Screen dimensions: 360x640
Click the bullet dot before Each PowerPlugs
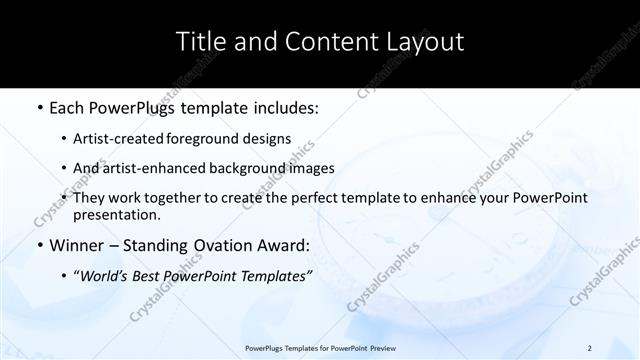click(x=39, y=108)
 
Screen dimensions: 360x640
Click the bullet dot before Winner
click(x=39, y=245)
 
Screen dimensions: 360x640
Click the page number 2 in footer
click(x=590, y=348)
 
